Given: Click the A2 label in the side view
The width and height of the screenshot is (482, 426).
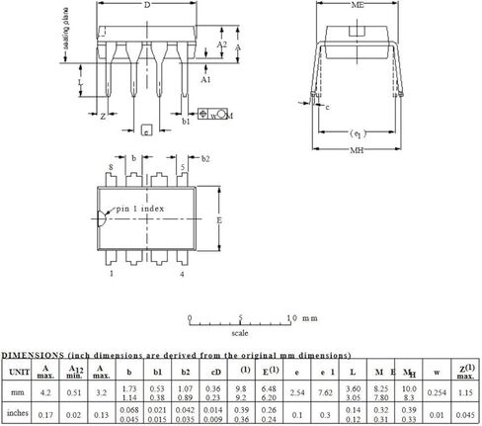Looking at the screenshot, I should (x=222, y=45).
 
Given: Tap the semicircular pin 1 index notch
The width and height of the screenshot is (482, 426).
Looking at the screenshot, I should (x=102, y=220).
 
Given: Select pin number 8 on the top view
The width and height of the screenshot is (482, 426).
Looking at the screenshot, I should (x=111, y=168).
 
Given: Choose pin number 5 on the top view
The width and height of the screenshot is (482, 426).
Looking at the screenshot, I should (x=183, y=168).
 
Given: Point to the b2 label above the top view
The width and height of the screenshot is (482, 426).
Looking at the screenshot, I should (x=205, y=158).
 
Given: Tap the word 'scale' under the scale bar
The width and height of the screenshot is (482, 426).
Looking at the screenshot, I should (x=240, y=334).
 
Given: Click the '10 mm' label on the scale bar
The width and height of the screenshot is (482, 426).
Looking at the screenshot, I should (x=300, y=318).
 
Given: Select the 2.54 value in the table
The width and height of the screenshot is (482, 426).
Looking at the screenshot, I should (x=297, y=392).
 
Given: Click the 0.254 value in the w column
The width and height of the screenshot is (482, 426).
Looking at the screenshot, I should (x=438, y=392).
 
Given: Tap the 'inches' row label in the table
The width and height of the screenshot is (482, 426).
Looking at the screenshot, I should (x=18, y=415).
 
